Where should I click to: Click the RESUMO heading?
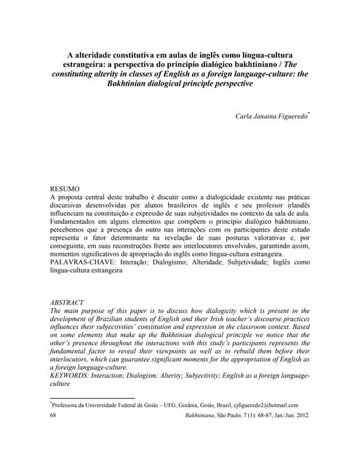coord(65,188)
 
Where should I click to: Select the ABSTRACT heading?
coord(67,302)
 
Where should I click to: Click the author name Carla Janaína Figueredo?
coord(265,116)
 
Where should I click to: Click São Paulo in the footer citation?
coord(228,416)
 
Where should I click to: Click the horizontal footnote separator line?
coord(87,398)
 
